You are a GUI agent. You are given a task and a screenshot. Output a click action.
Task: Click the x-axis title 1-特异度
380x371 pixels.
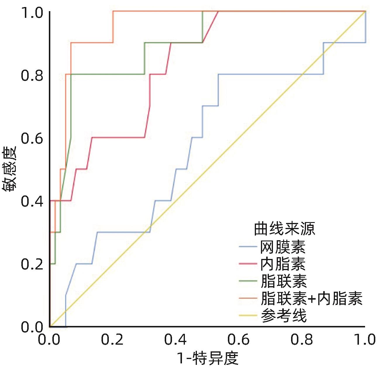(208, 358)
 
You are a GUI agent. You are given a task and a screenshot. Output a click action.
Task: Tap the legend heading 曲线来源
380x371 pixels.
(284, 229)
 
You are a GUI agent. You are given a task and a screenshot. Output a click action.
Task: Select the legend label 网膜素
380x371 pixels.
(283, 247)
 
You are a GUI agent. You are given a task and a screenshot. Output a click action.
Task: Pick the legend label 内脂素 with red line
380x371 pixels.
(283, 264)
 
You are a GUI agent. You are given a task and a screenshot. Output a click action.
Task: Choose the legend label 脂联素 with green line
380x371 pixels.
(283, 281)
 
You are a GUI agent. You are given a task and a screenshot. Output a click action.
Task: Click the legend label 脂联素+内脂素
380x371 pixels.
(312, 299)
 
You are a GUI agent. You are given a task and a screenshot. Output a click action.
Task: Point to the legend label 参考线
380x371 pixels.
(283, 316)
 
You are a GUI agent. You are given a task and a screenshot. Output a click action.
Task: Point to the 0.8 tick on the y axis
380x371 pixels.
(32, 75)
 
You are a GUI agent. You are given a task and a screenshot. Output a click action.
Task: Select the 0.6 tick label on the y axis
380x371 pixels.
(32, 138)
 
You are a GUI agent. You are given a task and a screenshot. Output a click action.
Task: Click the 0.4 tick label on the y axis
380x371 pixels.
(32, 202)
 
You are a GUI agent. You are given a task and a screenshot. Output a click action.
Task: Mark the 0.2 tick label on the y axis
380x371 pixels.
(32, 264)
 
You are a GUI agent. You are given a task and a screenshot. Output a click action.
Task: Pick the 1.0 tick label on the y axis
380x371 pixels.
(32, 13)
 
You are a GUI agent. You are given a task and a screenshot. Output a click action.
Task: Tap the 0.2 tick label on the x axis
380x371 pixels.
(112, 340)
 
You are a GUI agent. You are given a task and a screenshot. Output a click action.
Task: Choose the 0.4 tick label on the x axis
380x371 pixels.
(176, 340)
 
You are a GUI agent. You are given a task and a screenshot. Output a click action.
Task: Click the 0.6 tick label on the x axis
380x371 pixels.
(239, 340)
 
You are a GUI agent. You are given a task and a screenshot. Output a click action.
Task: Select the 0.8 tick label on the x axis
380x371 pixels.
(302, 340)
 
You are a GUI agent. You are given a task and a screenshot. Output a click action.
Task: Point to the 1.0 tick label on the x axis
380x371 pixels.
(364, 340)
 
